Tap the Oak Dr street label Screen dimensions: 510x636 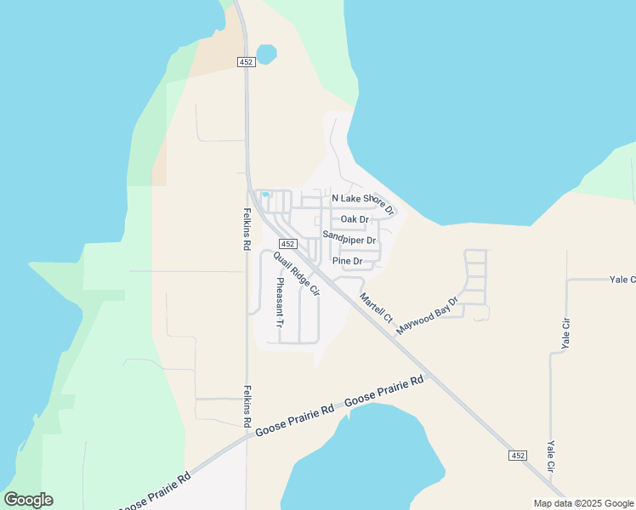[x=354, y=219]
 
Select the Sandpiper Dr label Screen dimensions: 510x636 [x=349, y=240]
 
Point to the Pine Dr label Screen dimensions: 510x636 [x=348, y=261]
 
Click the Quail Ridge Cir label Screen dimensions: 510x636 [x=296, y=274]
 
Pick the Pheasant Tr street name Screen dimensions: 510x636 [x=278, y=303]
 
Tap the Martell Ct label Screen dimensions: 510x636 [x=376, y=309]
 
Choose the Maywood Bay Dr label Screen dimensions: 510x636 [x=427, y=314]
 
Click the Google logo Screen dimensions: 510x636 [x=28, y=500]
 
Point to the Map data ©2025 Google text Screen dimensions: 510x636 [x=584, y=503]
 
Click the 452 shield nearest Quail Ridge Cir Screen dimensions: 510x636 [x=287, y=244]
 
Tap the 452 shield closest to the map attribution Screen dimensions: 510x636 [x=519, y=456]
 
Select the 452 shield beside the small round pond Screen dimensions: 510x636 [x=247, y=62]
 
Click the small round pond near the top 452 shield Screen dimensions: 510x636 [x=267, y=54]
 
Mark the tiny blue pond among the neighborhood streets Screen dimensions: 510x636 [x=265, y=195]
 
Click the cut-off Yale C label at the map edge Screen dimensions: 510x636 [x=622, y=279]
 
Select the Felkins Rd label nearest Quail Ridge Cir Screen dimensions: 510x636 [x=247, y=229]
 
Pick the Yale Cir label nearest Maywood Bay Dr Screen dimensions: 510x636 [x=565, y=334]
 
